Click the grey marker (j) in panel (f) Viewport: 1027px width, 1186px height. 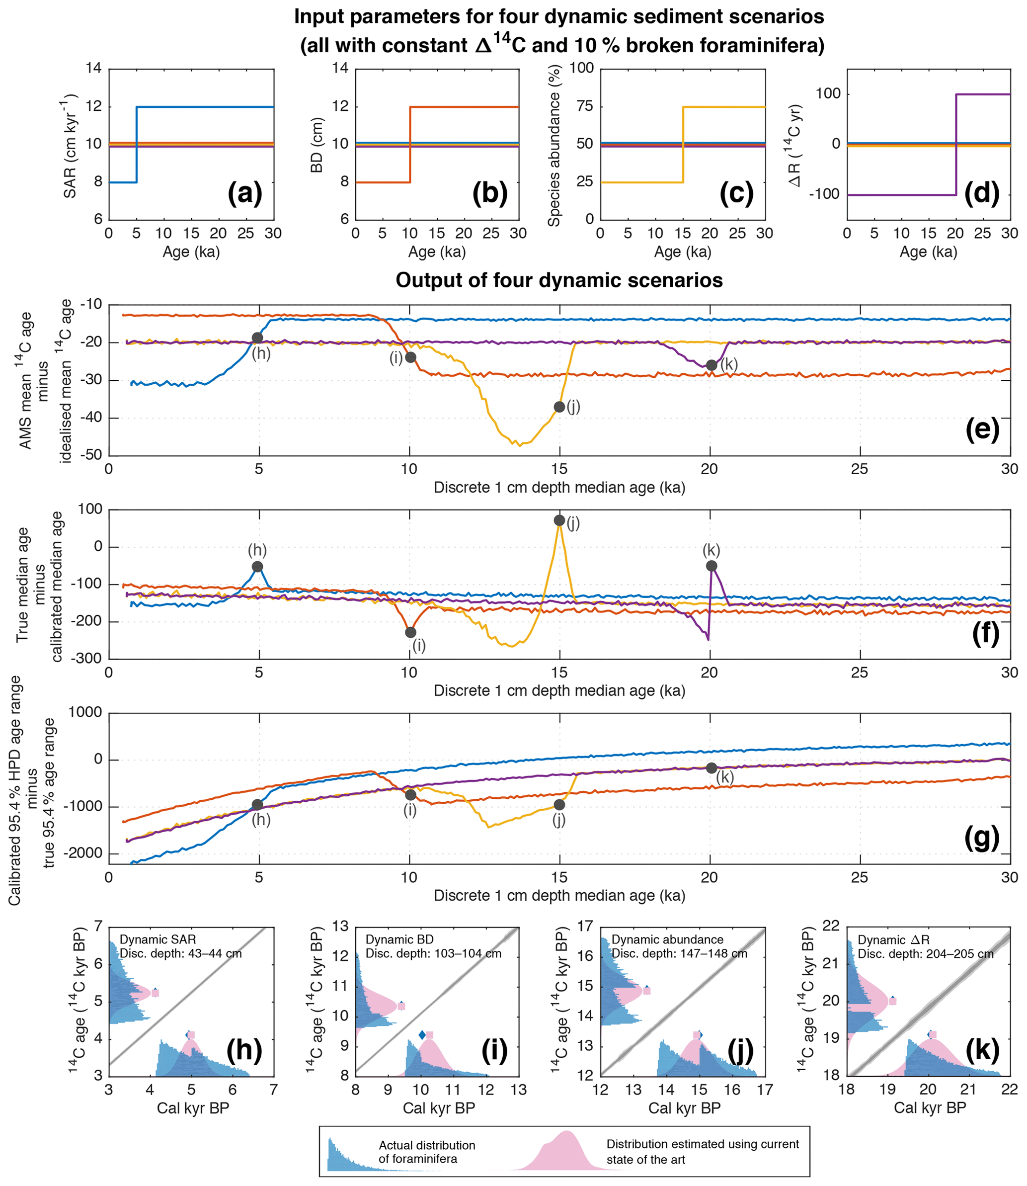pyautogui.click(x=559, y=520)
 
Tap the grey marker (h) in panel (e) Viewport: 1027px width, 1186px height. pyautogui.click(x=257, y=338)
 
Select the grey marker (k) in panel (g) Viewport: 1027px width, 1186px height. pyautogui.click(x=711, y=768)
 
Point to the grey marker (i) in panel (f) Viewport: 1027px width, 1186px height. pyautogui.click(x=410, y=632)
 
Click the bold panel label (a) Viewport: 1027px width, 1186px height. pyautogui.click(x=245, y=194)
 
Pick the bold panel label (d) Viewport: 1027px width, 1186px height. pyautogui.click(x=982, y=194)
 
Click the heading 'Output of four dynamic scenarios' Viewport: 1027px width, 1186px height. pyautogui.click(x=559, y=280)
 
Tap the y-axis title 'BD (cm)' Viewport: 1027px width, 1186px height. pyautogui.click(x=316, y=145)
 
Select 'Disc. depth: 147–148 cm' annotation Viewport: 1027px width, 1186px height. pyautogui.click(x=679, y=953)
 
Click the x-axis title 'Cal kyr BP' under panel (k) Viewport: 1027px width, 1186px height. pyautogui.click(x=930, y=1108)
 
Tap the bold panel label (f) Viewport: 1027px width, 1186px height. pyautogui.click(x=985, y=635)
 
